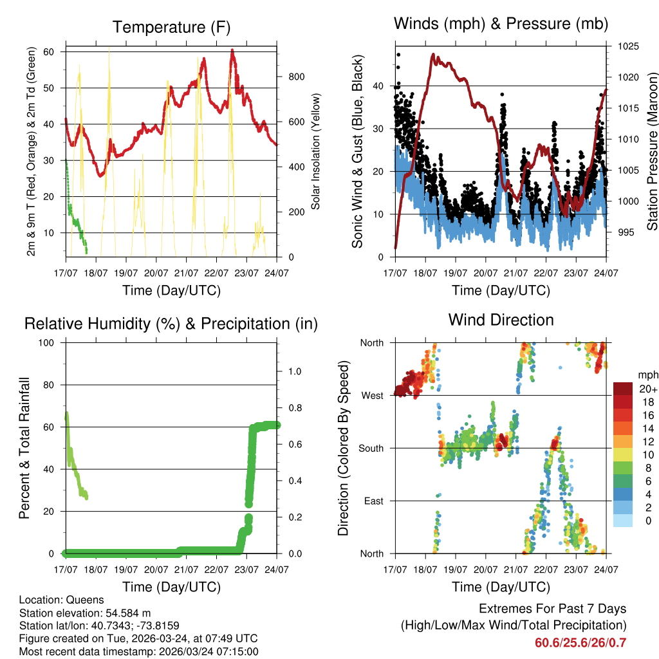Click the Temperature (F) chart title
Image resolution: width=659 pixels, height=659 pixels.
click(171, 27)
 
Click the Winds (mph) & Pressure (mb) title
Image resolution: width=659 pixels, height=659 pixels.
click(501, 24)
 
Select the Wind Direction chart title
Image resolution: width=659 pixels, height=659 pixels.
click(501, 319)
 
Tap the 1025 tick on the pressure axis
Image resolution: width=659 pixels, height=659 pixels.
click(627, 46)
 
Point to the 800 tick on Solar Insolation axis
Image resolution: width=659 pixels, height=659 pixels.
click(296, 77)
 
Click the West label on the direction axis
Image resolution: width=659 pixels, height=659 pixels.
click(372, 395)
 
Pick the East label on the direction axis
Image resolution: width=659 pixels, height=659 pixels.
click(373, 501)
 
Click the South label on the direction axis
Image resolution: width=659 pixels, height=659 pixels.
click(371, 448)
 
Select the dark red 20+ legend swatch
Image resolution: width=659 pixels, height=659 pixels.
click(624, 389)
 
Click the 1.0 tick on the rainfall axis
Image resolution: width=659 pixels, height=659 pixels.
click(294, 371)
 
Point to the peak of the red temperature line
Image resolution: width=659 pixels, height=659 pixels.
click(232, 50)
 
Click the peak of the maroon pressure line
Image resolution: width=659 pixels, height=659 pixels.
click(433, 55)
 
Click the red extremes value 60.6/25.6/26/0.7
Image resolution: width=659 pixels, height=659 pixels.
click(580, 643)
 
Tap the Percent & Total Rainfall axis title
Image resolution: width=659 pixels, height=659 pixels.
click(24, 448)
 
